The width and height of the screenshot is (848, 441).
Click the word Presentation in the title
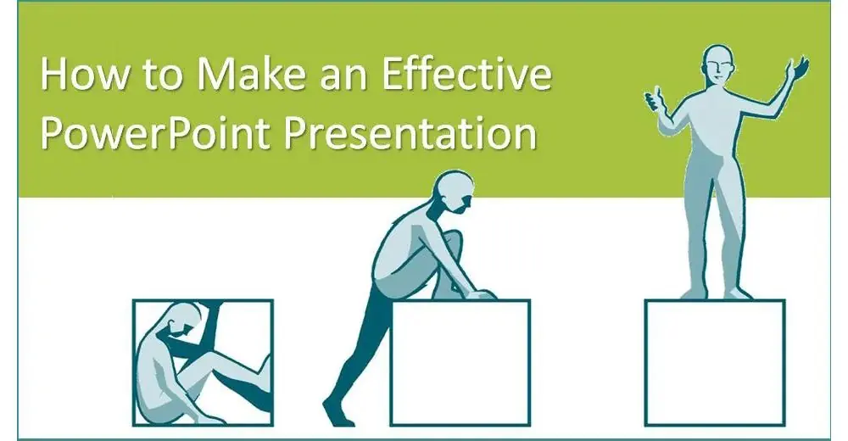(410, 131)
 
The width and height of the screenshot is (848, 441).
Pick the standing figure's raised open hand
(796, 71)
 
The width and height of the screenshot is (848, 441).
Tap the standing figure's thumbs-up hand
(656, 99)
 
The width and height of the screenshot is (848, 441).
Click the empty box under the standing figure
(714, 362)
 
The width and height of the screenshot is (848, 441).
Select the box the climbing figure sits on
(460, 362)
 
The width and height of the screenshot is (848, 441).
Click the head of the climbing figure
(455, 193)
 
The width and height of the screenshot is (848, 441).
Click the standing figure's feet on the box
(716, 293)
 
